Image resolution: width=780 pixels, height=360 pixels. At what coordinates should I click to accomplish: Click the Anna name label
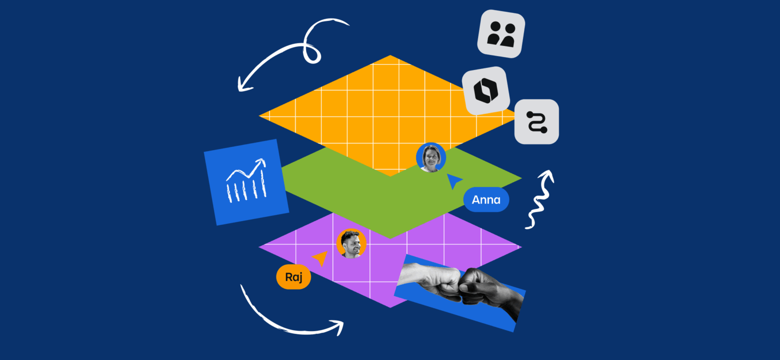[486, 199]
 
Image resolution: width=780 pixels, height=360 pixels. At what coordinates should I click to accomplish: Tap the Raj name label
[293, 277]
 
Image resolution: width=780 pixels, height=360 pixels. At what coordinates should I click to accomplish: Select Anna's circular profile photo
[431, 157]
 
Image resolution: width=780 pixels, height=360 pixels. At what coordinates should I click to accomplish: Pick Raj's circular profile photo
[351, 243]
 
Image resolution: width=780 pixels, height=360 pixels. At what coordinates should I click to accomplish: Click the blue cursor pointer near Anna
[453, 180]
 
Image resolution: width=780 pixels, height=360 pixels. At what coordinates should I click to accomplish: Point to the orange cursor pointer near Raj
[320, 258]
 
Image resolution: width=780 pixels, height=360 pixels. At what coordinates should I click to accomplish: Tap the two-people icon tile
[501, 34]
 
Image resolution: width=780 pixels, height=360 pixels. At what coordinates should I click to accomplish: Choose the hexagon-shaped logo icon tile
[486, 90]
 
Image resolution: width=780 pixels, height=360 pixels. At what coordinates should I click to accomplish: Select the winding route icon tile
[536, 122]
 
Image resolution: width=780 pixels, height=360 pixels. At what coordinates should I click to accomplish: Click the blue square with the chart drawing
[246, 182]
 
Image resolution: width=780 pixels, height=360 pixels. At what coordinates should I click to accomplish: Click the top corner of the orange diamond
[390, 55]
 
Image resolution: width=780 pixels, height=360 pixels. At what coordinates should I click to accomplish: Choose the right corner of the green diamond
[521, 178]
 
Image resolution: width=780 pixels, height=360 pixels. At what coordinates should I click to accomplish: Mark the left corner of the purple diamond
[258, 247]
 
